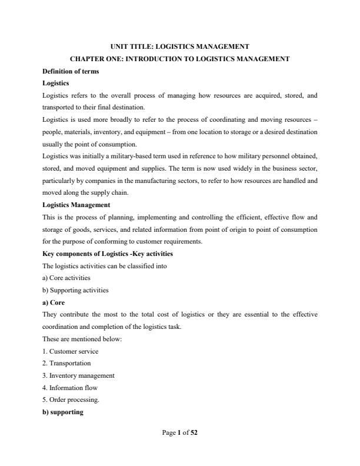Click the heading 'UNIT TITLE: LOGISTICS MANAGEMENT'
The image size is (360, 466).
(x=179, y=46)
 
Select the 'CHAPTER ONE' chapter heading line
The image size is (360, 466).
(x=179, y=59)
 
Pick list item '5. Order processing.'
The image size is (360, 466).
(x=71, y=400)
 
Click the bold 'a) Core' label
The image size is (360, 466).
(x=54, y=302)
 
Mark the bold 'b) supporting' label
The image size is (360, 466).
(x=63, y=412)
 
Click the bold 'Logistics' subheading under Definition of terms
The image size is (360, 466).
(x=56, y=83)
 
